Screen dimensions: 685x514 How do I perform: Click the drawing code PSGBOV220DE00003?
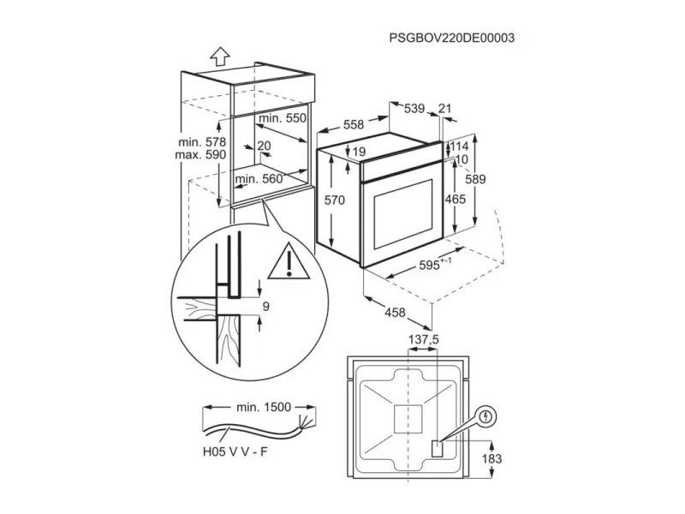[452, 38]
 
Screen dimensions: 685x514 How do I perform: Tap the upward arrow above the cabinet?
[220, 56]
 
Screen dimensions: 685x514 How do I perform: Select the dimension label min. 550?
[283, 118]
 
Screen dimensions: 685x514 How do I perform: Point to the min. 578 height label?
[202, 142]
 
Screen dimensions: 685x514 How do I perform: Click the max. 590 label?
[200, 155]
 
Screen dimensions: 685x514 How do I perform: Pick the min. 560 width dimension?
[259, 179]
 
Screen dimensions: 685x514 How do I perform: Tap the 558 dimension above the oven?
[353, 125]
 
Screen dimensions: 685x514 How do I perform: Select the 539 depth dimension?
[414, 109]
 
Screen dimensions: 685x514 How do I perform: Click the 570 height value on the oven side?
[335, 200]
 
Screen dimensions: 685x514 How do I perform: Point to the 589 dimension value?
[475, 179]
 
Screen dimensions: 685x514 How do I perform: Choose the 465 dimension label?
[456, 200]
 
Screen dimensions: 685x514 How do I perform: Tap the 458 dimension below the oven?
[395, 313]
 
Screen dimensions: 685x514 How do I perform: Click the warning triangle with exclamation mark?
[289, 261]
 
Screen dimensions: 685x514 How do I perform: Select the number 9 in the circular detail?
[265, 307]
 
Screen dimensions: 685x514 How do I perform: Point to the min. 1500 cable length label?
[264, 408]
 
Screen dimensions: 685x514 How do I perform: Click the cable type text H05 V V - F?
[235, 452]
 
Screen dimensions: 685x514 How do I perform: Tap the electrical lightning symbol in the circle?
[485, 416]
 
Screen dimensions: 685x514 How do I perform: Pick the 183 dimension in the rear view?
[491, 459]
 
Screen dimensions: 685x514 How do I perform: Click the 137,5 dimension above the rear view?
[423, 339]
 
